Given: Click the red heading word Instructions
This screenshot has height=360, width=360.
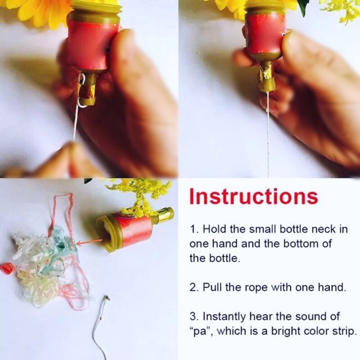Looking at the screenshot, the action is coord(254,196).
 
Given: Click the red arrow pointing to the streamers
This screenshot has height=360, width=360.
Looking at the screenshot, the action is coord(89,242).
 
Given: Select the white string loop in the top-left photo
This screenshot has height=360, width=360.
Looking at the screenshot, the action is coord(81,91).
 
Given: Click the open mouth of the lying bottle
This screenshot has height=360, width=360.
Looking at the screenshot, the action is coord(107,236).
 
